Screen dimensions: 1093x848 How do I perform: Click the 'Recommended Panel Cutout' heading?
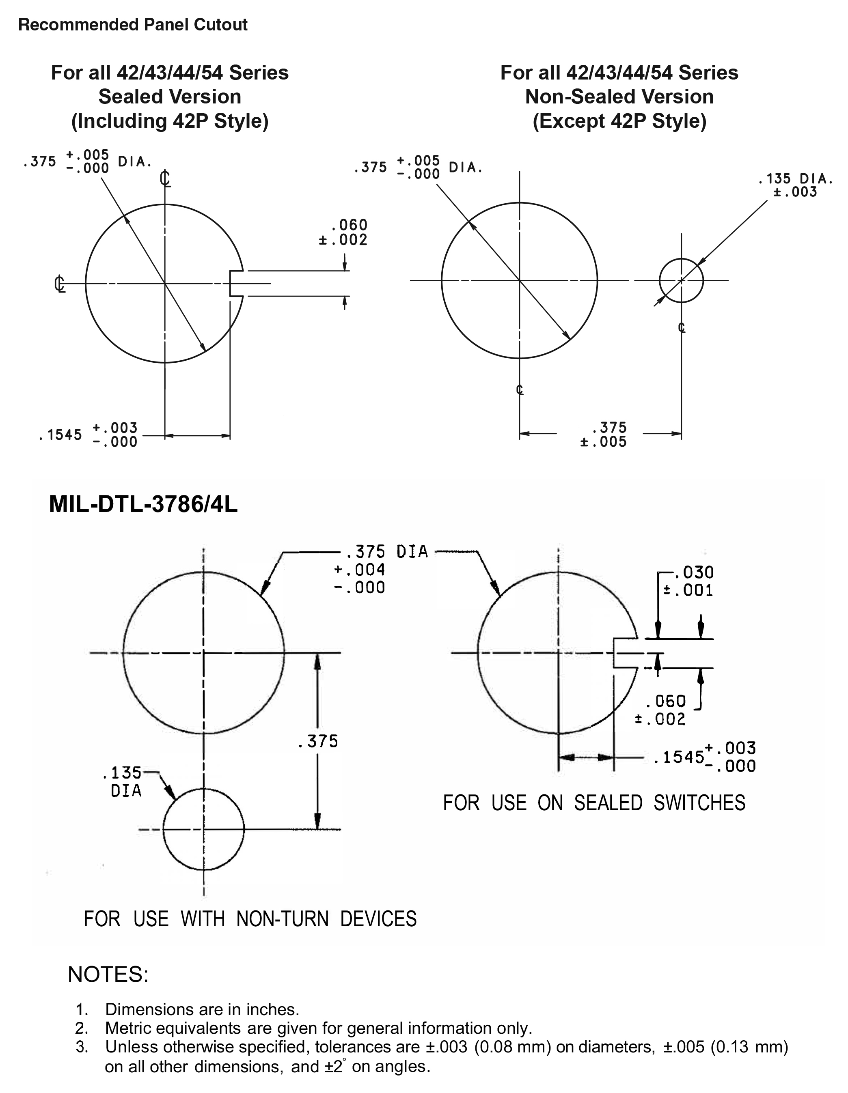[133, 24]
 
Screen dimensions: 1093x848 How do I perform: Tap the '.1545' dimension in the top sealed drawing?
[60, 435]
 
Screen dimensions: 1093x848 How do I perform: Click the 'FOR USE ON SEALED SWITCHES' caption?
[594, 803]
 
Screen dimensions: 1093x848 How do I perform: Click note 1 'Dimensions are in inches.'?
[202, 1009]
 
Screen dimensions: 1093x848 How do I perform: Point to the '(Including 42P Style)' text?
[170, 121]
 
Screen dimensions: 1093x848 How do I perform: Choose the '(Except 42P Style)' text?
[619, 121]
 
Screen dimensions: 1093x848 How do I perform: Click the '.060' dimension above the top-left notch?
[350, 225]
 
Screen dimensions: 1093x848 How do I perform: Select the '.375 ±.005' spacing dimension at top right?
[604, 435]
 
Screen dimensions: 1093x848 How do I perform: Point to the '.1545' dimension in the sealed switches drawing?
[679, 757]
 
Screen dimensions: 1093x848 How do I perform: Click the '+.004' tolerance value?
[359, 570]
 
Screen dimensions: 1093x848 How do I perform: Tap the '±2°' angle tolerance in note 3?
[335, 1067]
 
